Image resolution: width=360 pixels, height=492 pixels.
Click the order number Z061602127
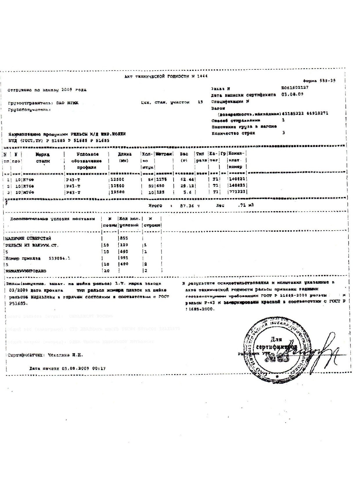pyautogui.click(x=295, y=87)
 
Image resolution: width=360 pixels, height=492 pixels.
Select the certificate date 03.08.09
pyautogui.click(x=292, y=94)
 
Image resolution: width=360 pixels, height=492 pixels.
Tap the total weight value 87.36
pyautogui.click(x=187, y=206)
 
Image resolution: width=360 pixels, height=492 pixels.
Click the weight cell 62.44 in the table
pyautogui.click(x=187, y=179)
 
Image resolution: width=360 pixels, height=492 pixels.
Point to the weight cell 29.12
pyautogui.click(x=187, y=186)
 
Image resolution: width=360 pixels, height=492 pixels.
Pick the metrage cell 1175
pyautogui.click(x=162, y=179)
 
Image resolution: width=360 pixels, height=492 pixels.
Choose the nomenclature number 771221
pyautogui.click(x=237, y=192)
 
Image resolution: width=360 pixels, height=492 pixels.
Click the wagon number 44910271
pyautogui.click(x=317, y=114)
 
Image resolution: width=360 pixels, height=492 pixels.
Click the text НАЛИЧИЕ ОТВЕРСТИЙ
pyautogui.click(x=28, y=238)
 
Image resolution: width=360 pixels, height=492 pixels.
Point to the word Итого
pyautogui.click(x=155, y=206)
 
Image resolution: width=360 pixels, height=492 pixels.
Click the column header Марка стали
pyautogui.click(x=43, y=157)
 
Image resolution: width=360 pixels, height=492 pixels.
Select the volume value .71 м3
pyautogui.click(x=246, y=205)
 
